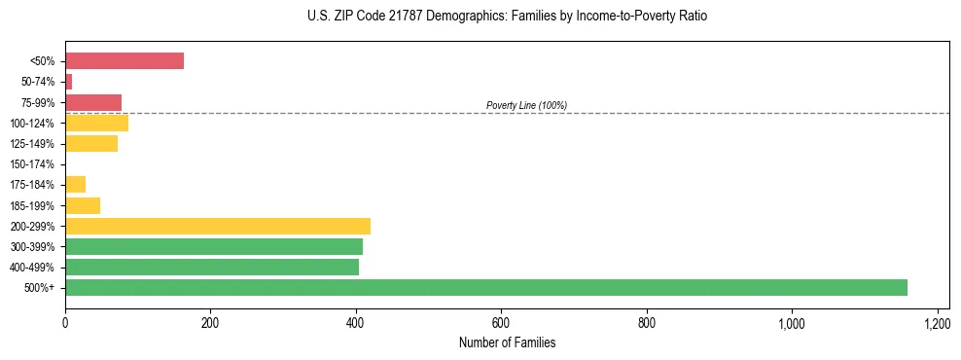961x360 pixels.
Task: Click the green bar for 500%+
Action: click(486, 287)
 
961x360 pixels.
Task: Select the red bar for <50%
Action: click(125, 61)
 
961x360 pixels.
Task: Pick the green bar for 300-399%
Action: click(214, 246)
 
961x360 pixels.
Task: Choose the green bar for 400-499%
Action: click(212, 267)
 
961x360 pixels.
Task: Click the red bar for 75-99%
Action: click(93, 102)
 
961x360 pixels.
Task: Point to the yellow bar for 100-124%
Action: click(96, 123)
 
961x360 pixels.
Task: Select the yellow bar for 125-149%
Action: click(91, 144)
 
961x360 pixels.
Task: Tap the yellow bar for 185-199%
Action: click(83, 205)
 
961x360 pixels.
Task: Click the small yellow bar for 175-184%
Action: click(75, 185)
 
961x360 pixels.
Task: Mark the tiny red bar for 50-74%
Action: click(69, 82)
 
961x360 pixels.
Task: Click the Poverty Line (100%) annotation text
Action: click(526, 105)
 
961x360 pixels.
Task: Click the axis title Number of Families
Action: click(507, 342)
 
